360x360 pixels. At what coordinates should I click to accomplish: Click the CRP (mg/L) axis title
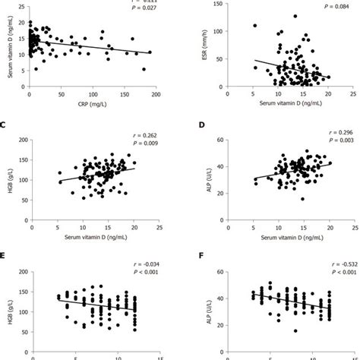[x=94, y=106]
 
